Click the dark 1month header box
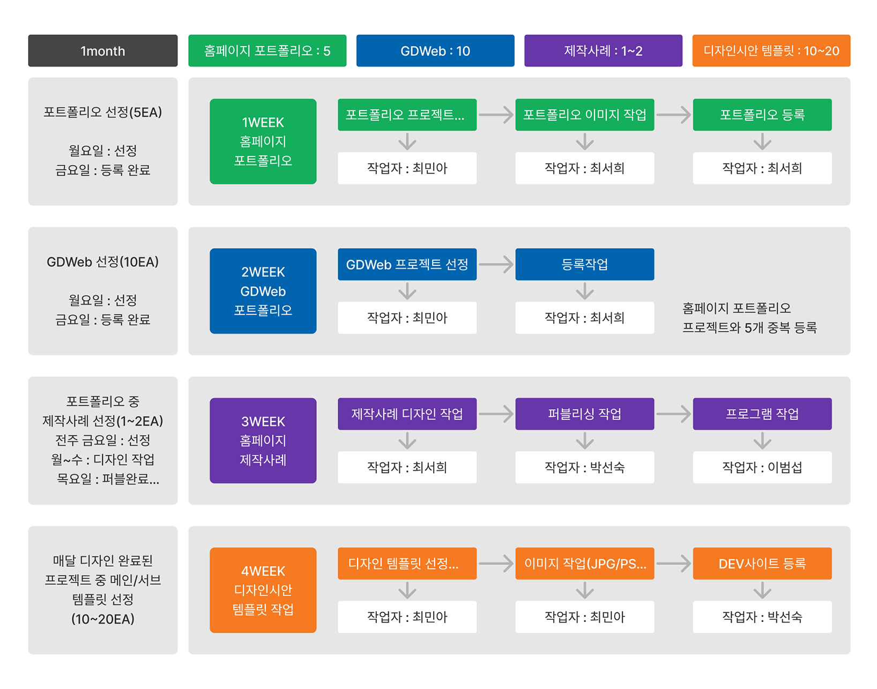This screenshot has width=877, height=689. click(x=102, y=51)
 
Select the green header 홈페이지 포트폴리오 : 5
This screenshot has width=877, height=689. click(x=267, y=51)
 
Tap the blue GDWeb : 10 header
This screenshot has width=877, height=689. click(x=435, y=51)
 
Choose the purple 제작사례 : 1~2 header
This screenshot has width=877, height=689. click(x=603, y=51)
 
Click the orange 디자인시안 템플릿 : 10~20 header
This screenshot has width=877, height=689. click(x=771, y=51)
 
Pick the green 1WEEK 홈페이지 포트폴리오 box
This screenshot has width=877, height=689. click(x=263, y=142)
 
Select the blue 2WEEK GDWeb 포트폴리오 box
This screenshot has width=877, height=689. click(x=263, y=291)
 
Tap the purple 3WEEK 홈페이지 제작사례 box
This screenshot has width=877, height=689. click(x=263, y=440)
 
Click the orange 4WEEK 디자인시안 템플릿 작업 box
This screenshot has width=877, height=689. click(x=263, y=590)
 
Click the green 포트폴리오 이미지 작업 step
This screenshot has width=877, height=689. click(x=584, y=115)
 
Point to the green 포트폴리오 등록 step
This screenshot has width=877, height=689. click(x=762, y=115)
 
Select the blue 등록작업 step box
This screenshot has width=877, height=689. click(x=584, y=264)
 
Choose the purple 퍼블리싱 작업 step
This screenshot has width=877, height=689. click(x=584, y=414)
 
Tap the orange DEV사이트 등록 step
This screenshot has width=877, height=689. click(x=762, y=564)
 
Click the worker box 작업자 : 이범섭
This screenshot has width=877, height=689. click(x=762, y=468)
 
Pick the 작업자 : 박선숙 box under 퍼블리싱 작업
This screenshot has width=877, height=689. click(x=584, y=468)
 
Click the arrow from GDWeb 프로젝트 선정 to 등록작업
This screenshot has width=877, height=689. click(x=496, y=264)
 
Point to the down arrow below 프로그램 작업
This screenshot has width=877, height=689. click(x=762, y=441)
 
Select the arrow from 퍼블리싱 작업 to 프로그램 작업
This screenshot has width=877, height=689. click(x=673, y=414)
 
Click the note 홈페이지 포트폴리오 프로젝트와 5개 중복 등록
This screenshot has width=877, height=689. click(x=749, y=318)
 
